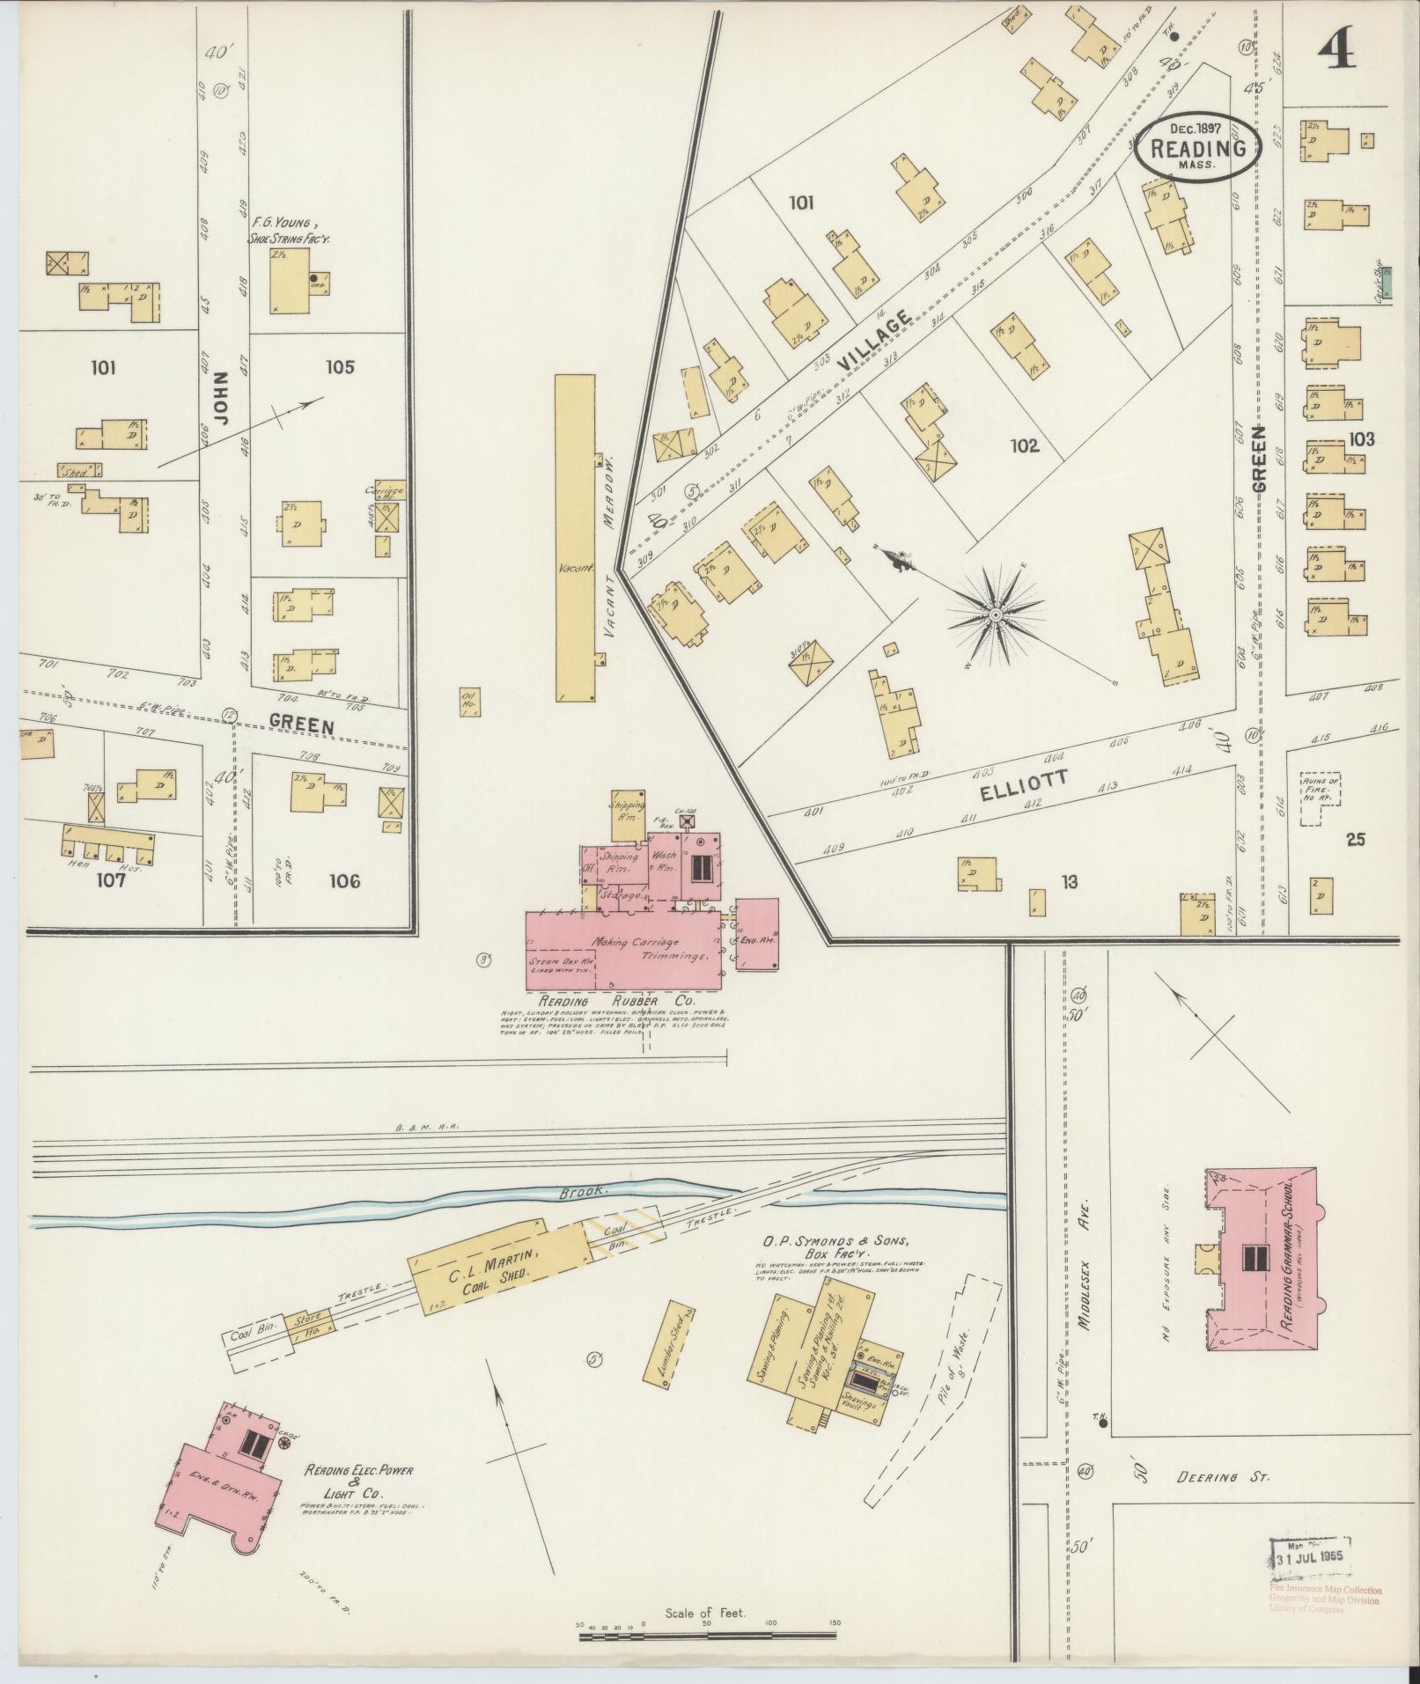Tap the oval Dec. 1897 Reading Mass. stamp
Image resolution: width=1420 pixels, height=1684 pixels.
point(1198,147)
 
